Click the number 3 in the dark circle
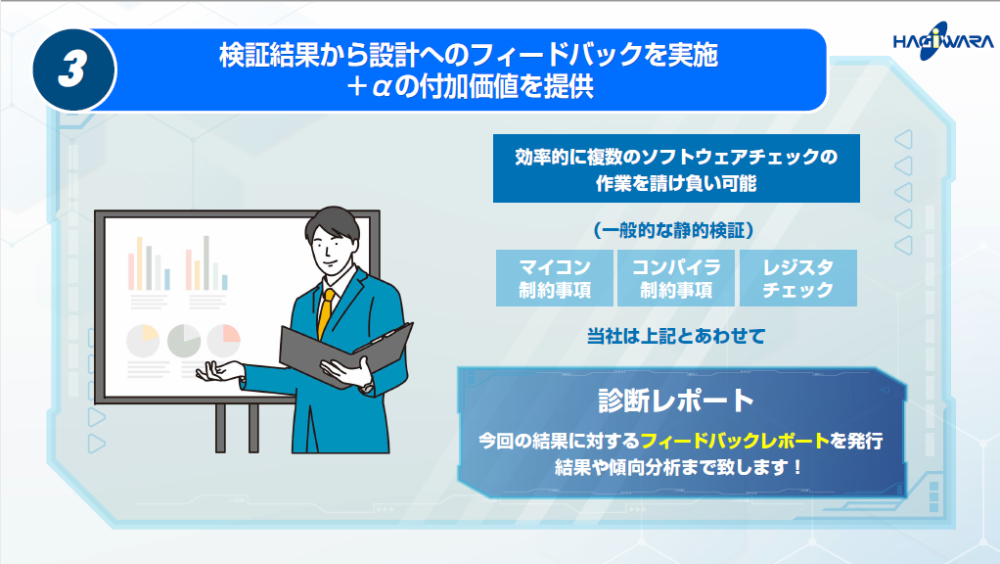72,70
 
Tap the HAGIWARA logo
942,41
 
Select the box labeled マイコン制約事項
554,278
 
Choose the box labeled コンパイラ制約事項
676,278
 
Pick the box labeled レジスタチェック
797,278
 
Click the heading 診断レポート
676,400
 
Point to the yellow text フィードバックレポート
735,441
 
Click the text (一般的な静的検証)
673,230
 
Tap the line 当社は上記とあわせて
676,336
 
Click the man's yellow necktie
325,313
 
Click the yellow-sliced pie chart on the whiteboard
143,342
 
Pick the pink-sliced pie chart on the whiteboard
224,341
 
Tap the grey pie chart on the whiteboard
184,342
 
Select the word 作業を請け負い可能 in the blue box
676,184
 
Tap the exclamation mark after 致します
797,468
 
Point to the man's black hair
333,223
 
